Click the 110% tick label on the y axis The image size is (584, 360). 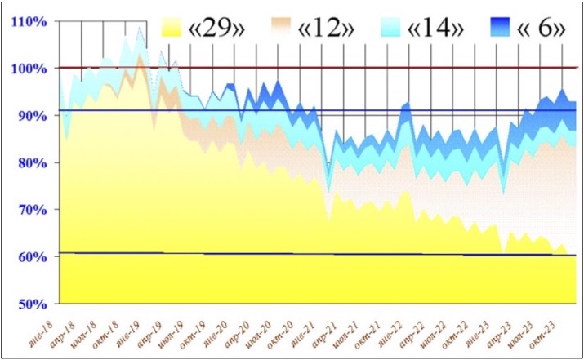pos(28,21)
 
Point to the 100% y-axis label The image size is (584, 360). pos(28,69)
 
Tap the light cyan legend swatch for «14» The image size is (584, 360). pos(400,29)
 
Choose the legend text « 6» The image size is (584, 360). pos(542,30)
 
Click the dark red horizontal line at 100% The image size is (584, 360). pos(327,68)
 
